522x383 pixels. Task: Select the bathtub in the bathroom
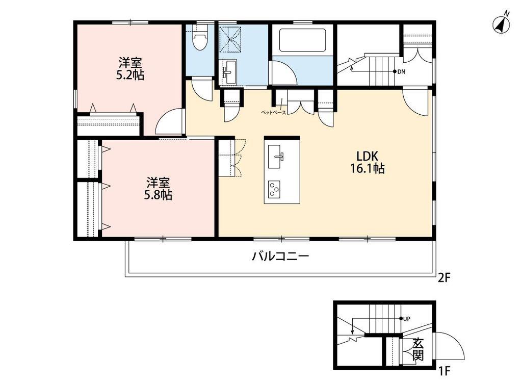click(302, 40)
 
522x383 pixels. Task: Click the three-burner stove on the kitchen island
click(274, 189)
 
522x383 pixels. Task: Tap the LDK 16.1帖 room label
click(367, 162)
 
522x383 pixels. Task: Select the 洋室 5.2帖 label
click(130, 69)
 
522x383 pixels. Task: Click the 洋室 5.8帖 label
click(158, 189)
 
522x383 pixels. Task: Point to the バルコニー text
click(280, 256)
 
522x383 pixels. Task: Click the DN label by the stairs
click(401, 71)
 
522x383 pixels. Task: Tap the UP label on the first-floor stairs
click(406, 319)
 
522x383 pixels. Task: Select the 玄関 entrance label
click(418, 349)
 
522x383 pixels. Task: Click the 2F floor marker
click(444, 278)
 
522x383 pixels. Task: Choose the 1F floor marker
click(444, 370)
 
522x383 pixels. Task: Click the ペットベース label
click(273, 113)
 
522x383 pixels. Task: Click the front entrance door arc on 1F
click(450, 346)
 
